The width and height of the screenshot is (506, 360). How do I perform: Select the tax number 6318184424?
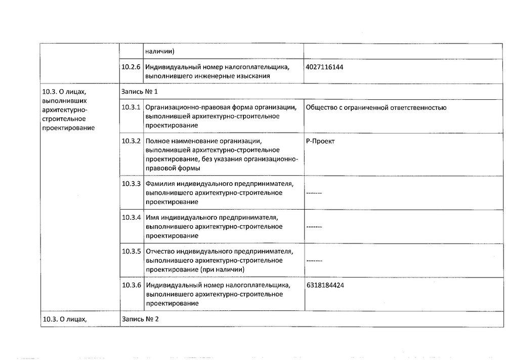click(325, 286)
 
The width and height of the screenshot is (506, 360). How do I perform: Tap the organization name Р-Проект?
click(320, 141)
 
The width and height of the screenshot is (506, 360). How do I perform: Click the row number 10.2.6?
click(131, 67)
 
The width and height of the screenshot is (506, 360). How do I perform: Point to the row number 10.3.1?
click(131, 107)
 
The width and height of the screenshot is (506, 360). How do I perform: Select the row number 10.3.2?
click(131, 141)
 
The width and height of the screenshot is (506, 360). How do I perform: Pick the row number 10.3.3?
click(131, 184)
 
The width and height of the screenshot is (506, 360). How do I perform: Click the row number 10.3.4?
click(131, 218)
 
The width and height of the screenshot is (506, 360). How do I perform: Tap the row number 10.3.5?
click(131, 252)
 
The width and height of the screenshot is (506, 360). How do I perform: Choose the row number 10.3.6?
click(131, 286)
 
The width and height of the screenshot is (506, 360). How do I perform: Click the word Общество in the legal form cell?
click(322, 107)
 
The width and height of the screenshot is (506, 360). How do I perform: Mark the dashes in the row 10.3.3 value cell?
click(314, 193)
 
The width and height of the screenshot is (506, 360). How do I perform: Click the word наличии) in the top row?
click(159, 51)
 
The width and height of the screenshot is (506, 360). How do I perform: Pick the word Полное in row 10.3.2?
click(156, 141)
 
